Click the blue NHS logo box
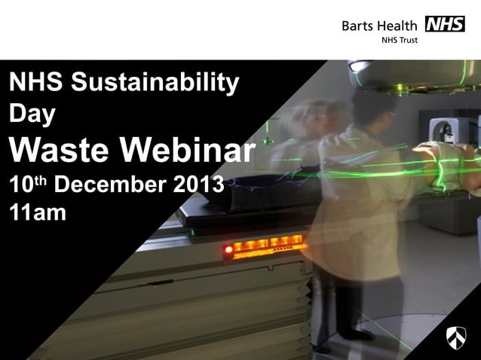445,24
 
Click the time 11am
38,212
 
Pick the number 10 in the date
20,185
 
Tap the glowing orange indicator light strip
268,246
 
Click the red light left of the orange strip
228,249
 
